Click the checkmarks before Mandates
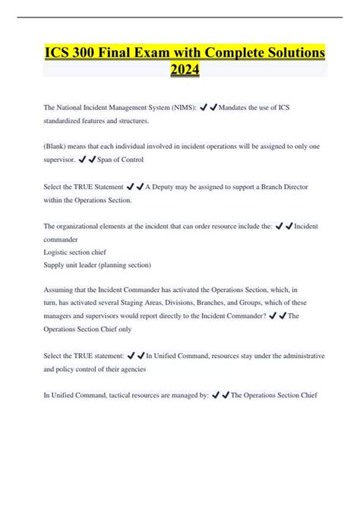point(209,108)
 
